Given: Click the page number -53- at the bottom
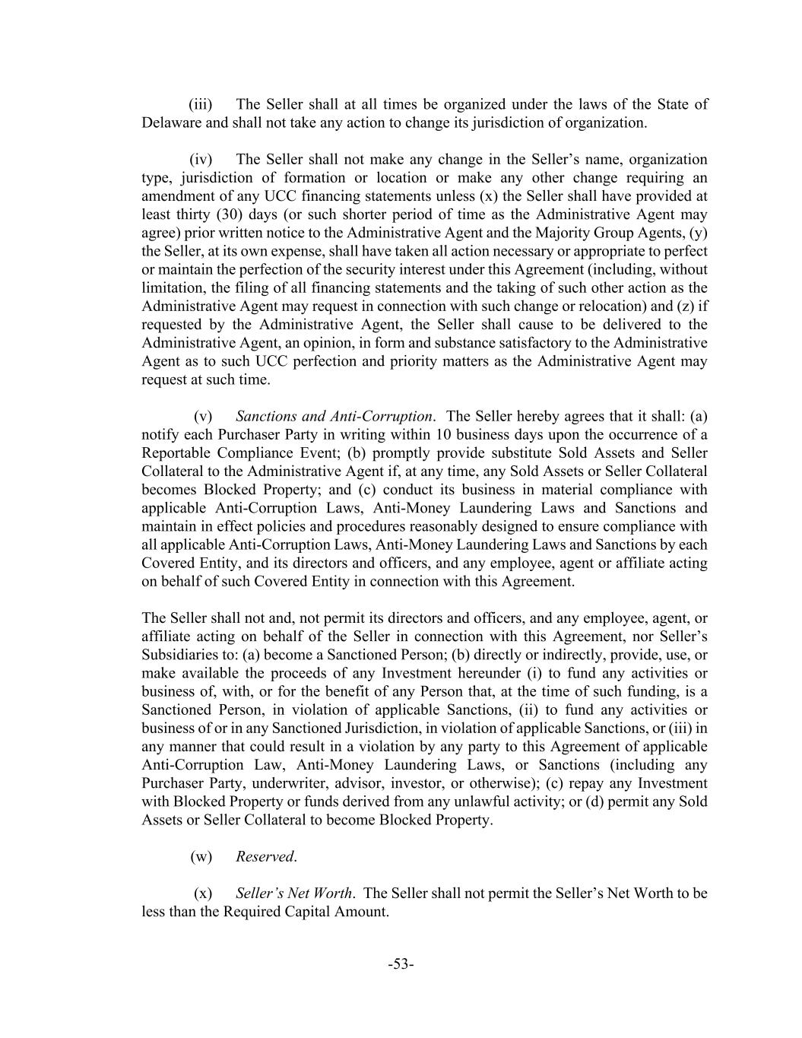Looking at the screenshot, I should pyautogui.click(x=401, y=964).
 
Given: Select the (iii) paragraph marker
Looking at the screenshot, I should pyautogui.click(x=201, y=104).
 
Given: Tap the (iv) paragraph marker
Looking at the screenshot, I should pyautogui.click(x=201, y=159).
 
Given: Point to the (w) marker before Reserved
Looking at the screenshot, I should pyautogui.click(x=201, y=856).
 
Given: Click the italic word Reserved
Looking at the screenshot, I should pyautogui.click(x=265, y=856).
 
